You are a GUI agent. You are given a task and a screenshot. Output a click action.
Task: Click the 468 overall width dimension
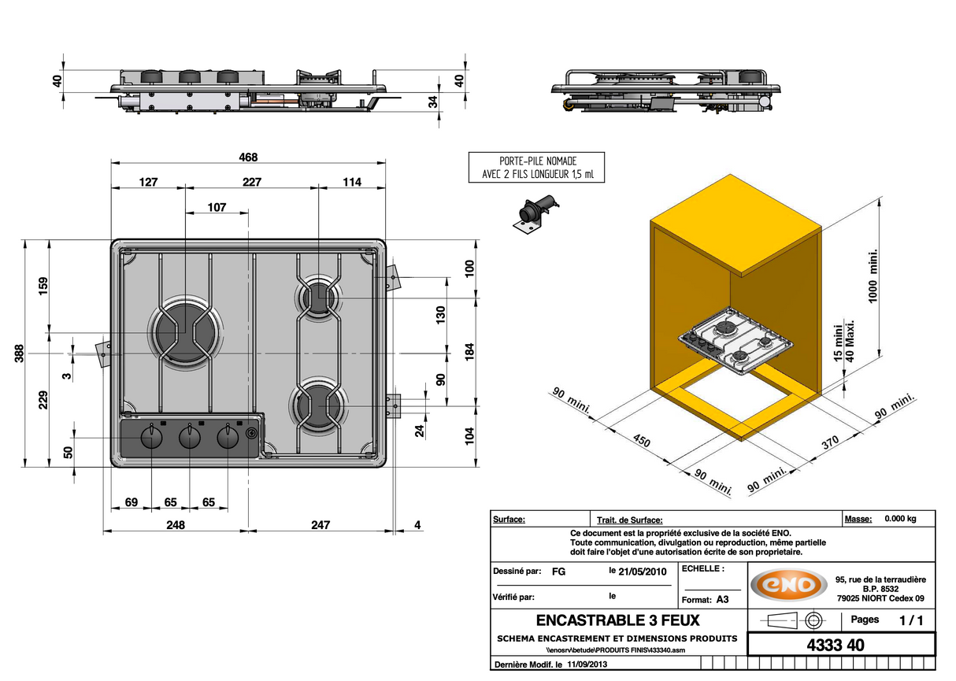[x=248, y=157]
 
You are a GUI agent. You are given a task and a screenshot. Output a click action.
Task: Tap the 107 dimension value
[x=217, y=208]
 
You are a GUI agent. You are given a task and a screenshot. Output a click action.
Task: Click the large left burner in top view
[x=185, y=334]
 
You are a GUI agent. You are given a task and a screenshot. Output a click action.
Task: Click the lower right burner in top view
[x=319, y=406]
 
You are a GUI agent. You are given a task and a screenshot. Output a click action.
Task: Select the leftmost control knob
[x=150, y=438]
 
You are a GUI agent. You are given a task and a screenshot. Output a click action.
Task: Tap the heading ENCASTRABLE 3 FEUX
[x=617, y=621]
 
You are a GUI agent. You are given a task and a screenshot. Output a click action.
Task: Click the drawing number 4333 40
[x=836, y=645]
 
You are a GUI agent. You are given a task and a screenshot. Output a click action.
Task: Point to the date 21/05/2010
[x=644, y=572]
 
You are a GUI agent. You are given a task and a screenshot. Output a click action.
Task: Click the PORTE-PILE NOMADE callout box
[x=537, y=168]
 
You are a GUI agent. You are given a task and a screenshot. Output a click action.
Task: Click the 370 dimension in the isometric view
[x=830, y=442]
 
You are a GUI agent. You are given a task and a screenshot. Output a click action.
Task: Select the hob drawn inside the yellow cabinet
[x=736, y=341]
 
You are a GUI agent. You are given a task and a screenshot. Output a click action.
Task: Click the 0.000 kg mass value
[x=900, y=519]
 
